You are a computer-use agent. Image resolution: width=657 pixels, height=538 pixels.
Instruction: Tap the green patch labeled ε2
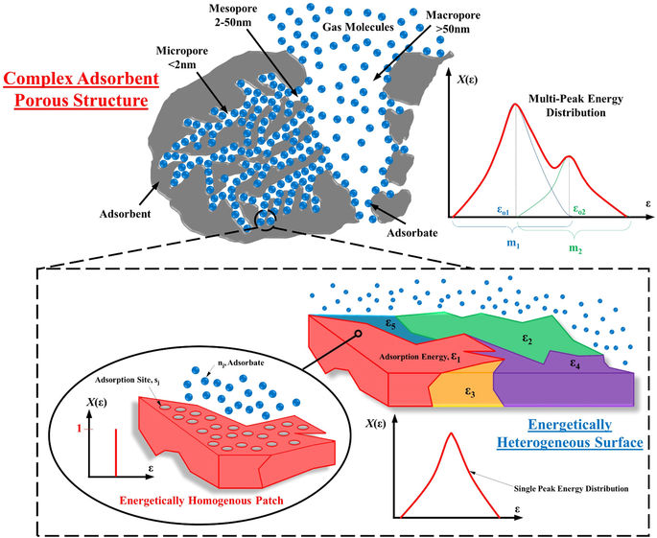click(x=527, y=338)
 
